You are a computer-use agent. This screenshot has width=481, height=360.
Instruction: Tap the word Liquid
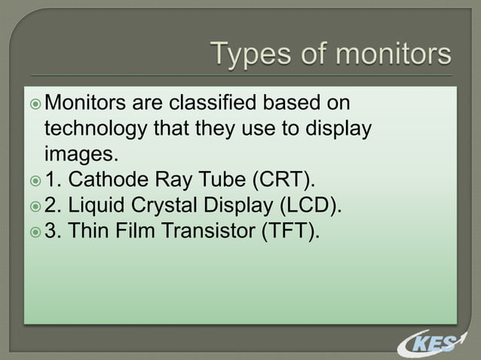[x=108, y=206]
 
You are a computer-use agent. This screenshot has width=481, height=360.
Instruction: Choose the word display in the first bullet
[x=341, y=129]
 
